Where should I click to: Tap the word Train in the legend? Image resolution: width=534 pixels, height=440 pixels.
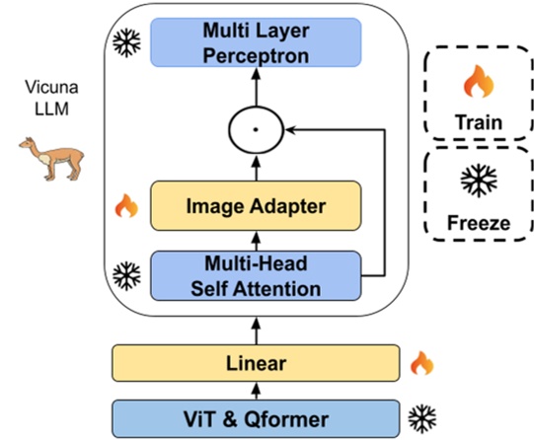coord(476,123)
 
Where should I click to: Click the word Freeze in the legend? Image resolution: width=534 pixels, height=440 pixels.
coord(476,223)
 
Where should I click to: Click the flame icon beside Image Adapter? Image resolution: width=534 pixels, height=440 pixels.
coord(125,206)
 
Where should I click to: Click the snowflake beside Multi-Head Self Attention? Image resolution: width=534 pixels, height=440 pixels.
coord(125,272)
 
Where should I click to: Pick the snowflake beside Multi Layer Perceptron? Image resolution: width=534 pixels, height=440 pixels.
coord(125,42)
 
